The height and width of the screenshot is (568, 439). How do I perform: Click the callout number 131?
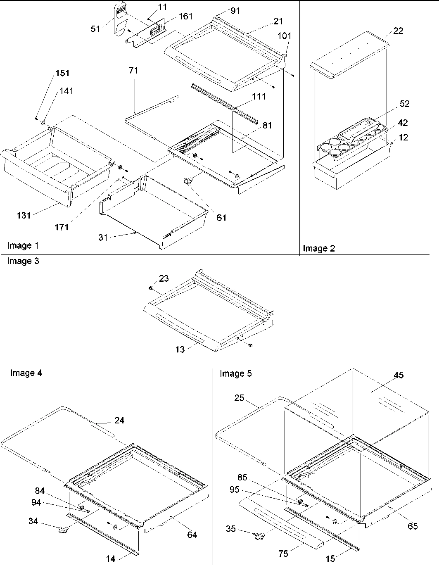tap(24, 215)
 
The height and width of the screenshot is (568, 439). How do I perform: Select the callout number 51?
tap(95, 29)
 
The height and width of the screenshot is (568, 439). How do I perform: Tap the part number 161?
tap(185, 17)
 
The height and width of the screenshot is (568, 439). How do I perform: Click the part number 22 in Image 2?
tap(398, 31)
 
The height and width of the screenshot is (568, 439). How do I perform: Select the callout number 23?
tap(164, 278)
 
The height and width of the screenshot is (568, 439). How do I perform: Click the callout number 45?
tap(399, 375)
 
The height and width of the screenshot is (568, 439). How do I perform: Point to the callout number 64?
tap(192, 535)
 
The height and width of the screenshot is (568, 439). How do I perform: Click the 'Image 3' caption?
tap(23, 261)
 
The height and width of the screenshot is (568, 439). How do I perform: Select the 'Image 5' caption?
tap(235, 373)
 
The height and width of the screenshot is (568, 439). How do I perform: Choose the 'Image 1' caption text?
tap(23, 246)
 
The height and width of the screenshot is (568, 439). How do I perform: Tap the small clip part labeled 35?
tap(259, 536)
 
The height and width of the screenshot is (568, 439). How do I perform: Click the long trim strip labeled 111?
tap(225, 103)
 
